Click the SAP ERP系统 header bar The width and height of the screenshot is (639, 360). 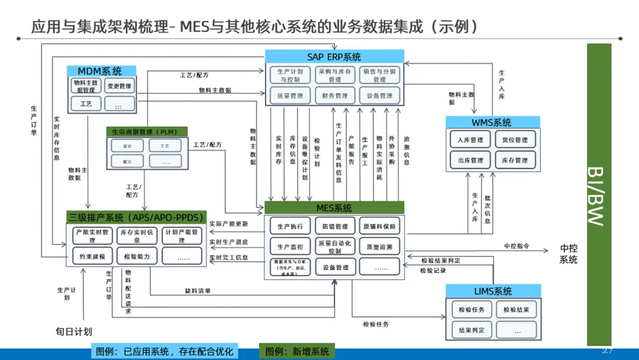click(x=334, y=57)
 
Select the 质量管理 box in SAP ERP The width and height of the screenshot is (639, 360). click(x=290, y=95)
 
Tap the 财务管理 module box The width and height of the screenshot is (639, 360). click(x=334, y=95)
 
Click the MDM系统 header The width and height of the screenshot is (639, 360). click(x=99, y=71)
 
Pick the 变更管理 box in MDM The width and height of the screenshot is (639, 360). click(x=120, y=86)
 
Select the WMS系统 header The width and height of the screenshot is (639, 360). click(x=492, y=123)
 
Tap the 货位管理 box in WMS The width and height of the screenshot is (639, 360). click(x=515, y=140)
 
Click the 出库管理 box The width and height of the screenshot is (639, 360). click(x=470, y=160)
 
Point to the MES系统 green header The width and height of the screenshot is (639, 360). click(x=334, y=208)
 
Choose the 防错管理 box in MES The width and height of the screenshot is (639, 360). click(x=335, y=226)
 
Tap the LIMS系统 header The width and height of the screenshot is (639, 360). click(x=493, y=291)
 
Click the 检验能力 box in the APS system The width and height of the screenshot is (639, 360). click(x=137, y=256)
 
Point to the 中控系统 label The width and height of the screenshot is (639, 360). click(x=569, y=253)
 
